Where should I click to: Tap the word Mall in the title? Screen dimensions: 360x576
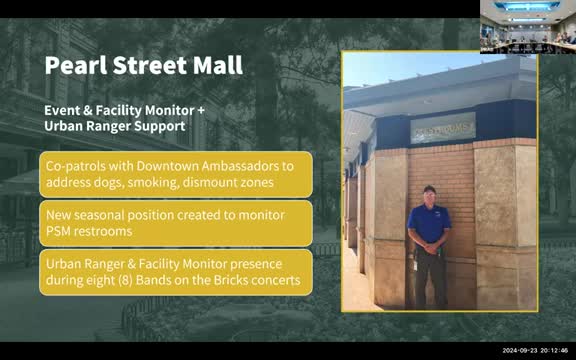217,67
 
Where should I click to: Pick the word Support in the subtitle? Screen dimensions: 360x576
155,126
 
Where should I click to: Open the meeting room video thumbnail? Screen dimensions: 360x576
527,26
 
